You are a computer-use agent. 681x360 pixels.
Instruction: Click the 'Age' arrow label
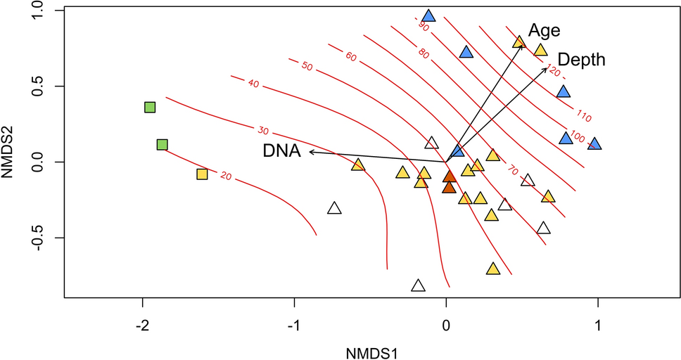(x=545, y=31)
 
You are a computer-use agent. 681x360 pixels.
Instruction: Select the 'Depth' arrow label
(x=581, y=60)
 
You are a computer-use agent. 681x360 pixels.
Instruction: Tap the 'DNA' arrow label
(x=282, y=150)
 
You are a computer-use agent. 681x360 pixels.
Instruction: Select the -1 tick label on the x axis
(x=294, y=326)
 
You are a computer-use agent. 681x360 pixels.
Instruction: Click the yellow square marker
(x=202, y=174)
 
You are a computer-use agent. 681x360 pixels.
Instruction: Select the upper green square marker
(x=149, y=107)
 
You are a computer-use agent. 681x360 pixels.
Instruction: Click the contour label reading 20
(x=226, y=176)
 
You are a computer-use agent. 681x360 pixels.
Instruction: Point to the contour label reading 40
(x=253, y=84)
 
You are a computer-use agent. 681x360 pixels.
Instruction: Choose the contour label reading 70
(x=513, y=170)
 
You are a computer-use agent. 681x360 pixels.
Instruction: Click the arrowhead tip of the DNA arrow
(x=310, y=151)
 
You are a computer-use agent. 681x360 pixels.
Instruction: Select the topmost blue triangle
(x=428, y=16)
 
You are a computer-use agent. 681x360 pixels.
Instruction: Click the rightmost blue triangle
(x=594, y=144)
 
